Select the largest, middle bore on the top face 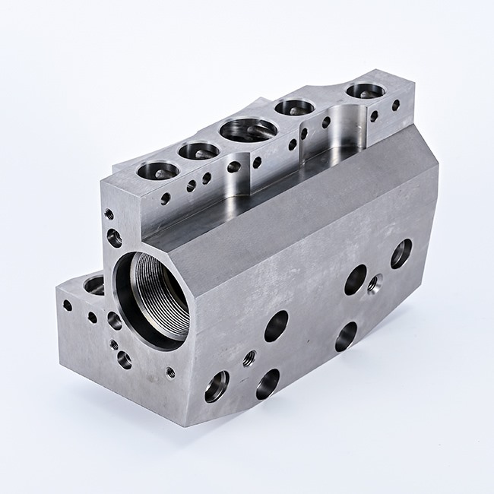tap(249, 129)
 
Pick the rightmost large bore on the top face tap(366, 91)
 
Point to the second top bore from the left tap(199, 150)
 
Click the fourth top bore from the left tap(295, 107)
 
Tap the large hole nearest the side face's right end tap(401, 253)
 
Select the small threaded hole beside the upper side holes tap(373, 284)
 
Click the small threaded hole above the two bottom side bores tap(249, 358)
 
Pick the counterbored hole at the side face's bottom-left tap(216, 386)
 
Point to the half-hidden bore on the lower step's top tap(95, 286)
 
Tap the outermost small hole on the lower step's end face tap(68, 306)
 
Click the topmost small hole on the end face tap(109, 214)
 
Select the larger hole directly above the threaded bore tap(114, 239)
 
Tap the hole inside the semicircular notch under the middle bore tap(234, 166)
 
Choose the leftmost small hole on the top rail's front tap(166, 199)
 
